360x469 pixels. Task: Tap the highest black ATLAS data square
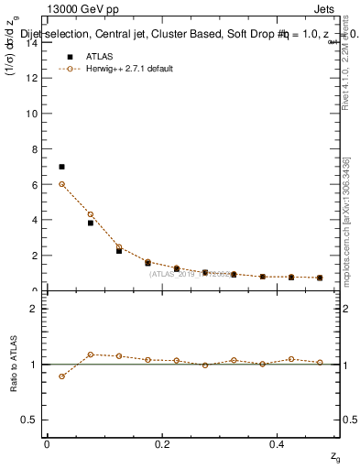click(61, 167)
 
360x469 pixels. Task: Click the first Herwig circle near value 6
click(61, 184)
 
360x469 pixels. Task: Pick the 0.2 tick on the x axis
click(162, 443)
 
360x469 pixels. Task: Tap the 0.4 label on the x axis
click(278, 443)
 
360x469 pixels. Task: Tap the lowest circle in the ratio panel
click(61, 376)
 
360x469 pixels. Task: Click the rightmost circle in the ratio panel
click(320, 362)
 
